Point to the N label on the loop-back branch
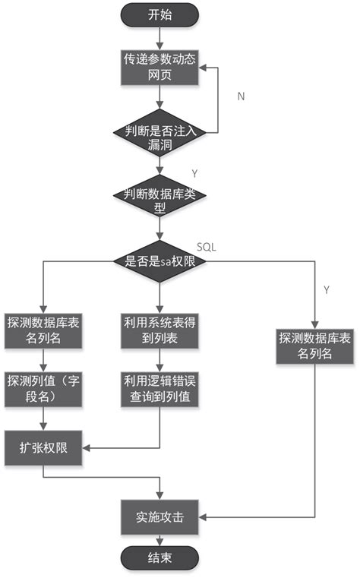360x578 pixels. [241, 97]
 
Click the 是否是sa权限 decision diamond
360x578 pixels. [159, 261]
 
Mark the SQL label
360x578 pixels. [207, 247]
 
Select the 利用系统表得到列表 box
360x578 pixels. [159, 330]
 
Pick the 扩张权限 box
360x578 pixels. [44, 447]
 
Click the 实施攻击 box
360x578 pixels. [159, 517]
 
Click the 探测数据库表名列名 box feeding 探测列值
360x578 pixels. [44, 330]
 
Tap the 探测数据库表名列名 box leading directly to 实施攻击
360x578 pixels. [314, 346]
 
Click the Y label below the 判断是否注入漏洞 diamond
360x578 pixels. [194, 173]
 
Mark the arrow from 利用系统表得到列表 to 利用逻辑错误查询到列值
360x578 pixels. [159, 359]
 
